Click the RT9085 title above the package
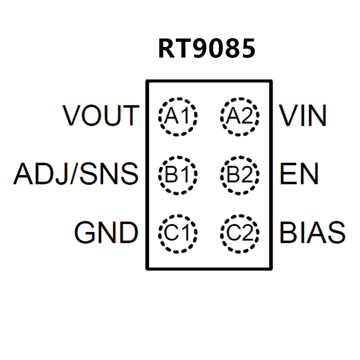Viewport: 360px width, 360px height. tap(206, 49)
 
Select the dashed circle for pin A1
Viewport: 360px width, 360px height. tap(178, 116)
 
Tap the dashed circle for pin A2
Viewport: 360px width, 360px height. tap(239, 116)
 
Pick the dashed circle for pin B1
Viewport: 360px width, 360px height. tap(178, 175)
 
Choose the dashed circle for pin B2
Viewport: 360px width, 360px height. tap(239, 175)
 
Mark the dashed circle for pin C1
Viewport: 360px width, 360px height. tap(178, 234)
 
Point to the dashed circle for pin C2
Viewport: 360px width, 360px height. tap(239, 234)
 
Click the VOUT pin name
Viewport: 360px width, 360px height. tap(101, 116)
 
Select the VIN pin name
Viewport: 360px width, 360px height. tap(303, 116)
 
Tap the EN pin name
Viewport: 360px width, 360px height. tap(299, 174)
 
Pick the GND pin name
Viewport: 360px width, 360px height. tap(106, 232)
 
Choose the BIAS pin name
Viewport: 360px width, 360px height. tap(312, 232)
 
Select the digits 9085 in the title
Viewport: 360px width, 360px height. tap(224, 49)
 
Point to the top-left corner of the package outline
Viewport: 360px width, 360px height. tap(147, 81)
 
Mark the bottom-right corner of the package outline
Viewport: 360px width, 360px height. tap(271, 269)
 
